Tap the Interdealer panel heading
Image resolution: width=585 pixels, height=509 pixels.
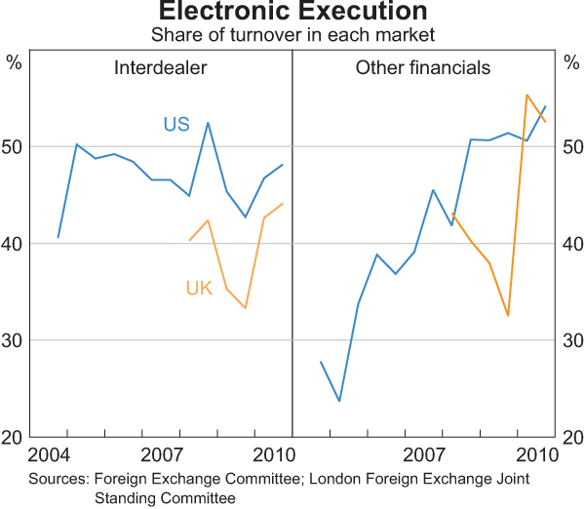click(159, 68)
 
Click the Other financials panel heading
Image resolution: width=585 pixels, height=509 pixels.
click(422, 68)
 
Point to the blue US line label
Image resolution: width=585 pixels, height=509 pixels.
click(175, 124)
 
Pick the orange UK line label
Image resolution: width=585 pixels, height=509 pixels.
click(199, 289)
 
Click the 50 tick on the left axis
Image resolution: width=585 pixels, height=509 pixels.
click(14, 146)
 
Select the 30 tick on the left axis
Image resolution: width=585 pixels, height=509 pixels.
click(14, 340)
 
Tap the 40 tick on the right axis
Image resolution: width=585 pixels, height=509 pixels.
click(571, 244)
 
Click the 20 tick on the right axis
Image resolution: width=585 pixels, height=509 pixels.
click(571, 437)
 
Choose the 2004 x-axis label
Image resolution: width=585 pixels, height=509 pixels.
click(50, 455)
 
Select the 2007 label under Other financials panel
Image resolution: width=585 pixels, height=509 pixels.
click(424, 455)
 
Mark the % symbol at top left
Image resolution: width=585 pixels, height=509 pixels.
click(14, 64)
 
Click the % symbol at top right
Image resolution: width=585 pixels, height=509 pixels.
click(571, 64)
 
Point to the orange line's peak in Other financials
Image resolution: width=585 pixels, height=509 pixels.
click(526, 95)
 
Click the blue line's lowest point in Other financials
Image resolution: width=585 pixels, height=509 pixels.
click(339, 401)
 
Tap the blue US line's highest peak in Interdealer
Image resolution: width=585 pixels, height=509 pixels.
click(208, 122)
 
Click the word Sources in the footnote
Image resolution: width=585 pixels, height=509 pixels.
click(58, 480)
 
